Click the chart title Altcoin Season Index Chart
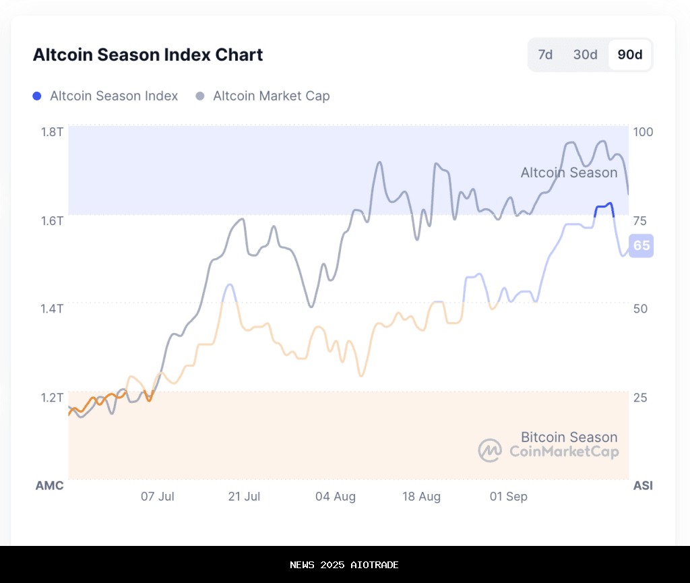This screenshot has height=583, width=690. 148,55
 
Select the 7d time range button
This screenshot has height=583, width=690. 545,55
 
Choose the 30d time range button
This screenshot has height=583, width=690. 585,55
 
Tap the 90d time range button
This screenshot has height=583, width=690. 630,55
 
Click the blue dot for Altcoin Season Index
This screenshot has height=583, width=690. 37,96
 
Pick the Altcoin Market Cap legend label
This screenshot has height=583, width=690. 272,96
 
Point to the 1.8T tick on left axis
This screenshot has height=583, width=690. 51,131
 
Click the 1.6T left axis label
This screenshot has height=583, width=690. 51,220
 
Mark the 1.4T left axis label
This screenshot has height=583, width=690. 51,309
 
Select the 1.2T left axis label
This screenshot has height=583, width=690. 51,397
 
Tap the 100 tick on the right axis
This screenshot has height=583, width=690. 644,131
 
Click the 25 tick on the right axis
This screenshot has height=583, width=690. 641,397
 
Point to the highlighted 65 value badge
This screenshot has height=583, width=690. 641,245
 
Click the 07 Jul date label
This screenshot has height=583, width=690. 157,497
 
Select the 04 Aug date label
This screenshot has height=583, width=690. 335,497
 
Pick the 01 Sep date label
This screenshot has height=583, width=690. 508,497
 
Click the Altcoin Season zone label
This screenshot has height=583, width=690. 569,173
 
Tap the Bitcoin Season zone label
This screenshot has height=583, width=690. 569,437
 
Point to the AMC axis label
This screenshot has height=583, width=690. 49,485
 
